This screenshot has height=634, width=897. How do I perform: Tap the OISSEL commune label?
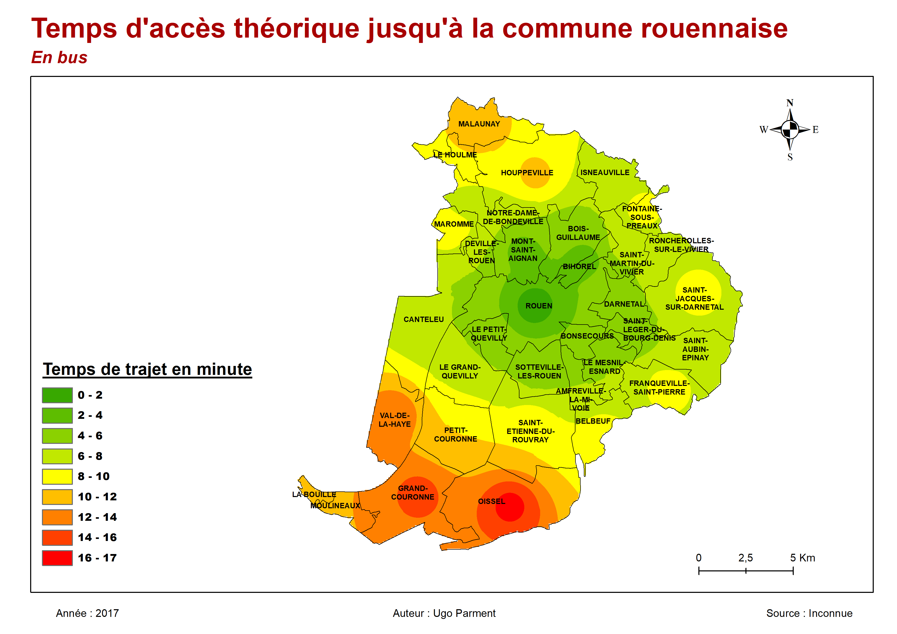[x=492, y=501]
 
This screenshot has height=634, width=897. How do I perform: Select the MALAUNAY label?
[x=479, y=124]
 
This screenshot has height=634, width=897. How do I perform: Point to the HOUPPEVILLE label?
[x=527, y=173]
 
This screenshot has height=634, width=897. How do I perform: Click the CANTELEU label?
[x=424, y=319]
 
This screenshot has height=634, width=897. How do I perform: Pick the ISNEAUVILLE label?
[x=605, y=172]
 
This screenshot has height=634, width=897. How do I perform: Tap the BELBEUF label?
[x=593, y=421]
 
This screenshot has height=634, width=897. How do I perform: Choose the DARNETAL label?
[x=623, y=304]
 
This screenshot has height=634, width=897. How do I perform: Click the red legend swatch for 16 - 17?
[x=57, y=558]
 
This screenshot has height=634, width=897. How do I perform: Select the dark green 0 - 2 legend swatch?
[x=57, y=395]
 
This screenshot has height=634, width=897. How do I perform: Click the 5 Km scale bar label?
[x=802, y=558]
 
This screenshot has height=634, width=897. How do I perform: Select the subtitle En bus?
[x=59, y=57]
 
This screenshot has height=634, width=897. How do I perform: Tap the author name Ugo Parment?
[x=464, y=613]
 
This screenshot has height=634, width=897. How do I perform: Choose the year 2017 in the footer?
[x=107, y=613]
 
